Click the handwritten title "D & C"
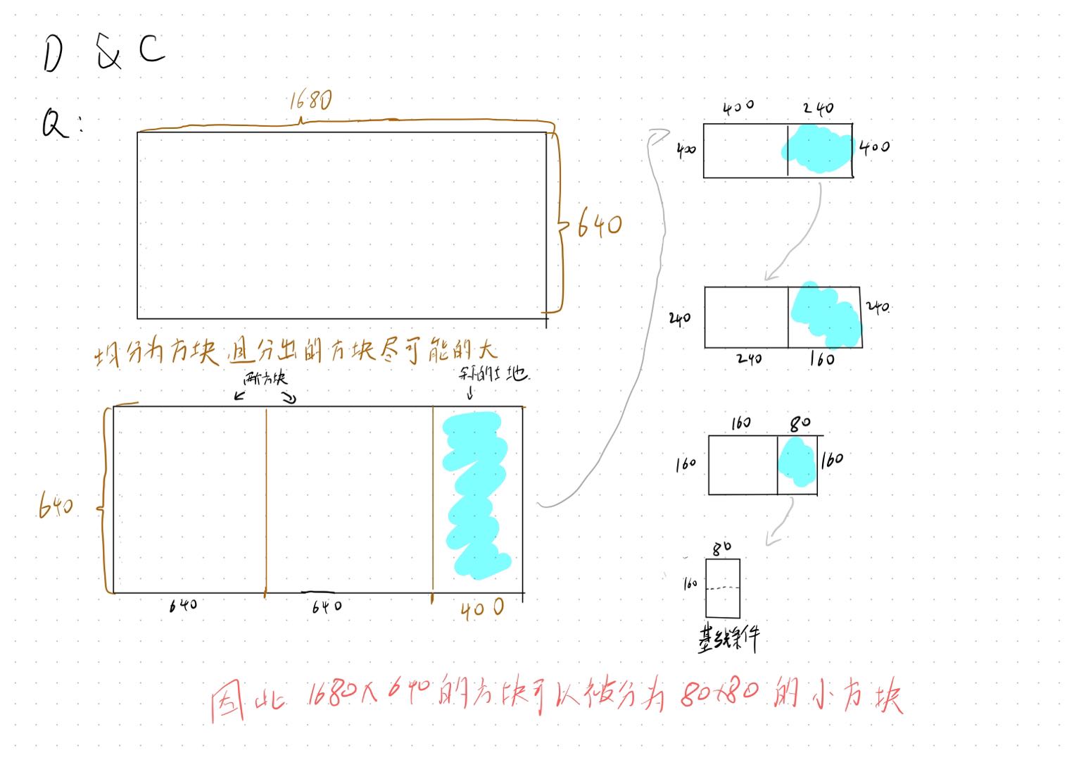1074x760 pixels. click(103, 52)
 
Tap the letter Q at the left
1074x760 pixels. click(53, 124)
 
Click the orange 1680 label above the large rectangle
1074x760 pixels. click(310, 101)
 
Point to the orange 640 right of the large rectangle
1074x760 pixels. click(600, 226)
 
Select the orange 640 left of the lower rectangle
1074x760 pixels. click(56, 504)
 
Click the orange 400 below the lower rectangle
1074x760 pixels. click(482, 609)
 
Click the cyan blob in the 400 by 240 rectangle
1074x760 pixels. click(818, 149)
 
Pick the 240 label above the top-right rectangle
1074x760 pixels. click(819, 108)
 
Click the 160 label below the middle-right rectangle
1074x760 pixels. click(821, 359)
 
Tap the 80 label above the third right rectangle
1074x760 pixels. click(800, 423)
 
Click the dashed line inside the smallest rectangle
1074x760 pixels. click(723, 587)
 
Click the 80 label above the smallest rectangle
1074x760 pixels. click(721, 547)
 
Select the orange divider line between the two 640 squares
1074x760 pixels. click(266, 500)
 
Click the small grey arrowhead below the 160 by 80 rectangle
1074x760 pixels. click(772, 540)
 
